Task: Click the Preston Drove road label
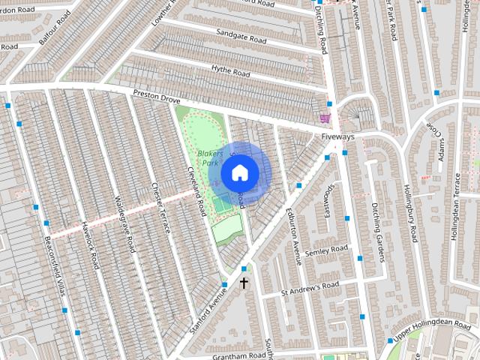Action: tap(158, 95)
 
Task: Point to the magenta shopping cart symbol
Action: tap(325, 118)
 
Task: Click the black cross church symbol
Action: tap(243, 283)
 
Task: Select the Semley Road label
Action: tap(327, 250)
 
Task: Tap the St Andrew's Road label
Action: tap(310, 287)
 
